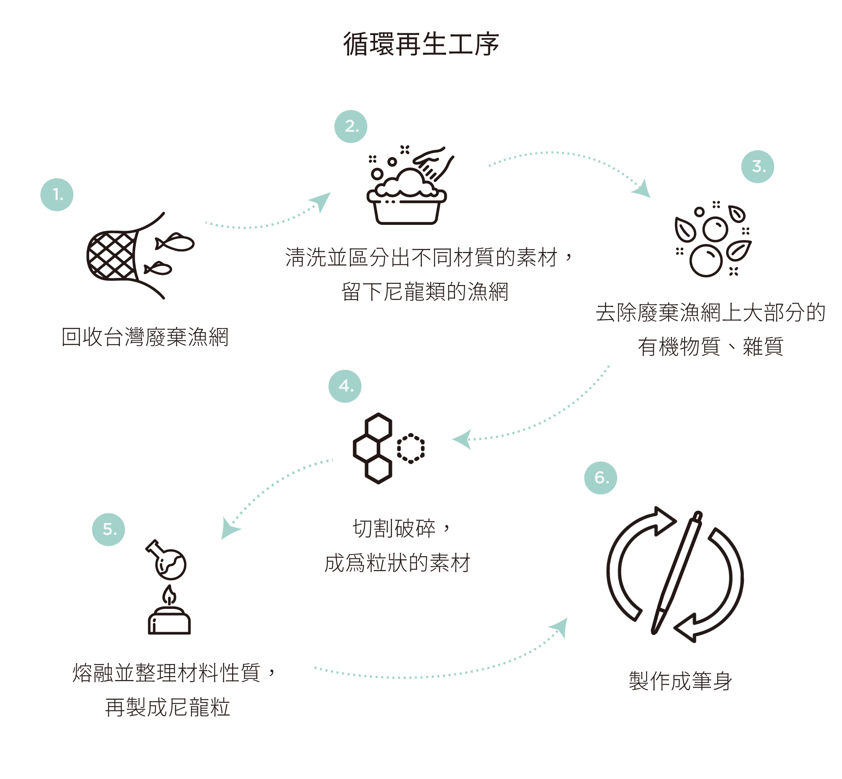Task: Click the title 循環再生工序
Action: click(421, 44)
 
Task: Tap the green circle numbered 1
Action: click(57, 195)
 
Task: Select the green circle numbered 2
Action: click(351, 126)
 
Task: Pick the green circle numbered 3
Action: click(757, 166)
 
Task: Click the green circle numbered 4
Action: click(345, 386)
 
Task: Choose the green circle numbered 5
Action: click(108, 529)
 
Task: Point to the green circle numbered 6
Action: click(600, 478)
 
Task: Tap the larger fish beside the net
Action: click(176, 243)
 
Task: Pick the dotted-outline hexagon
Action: click(410, 448)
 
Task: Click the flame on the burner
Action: click(169, 596)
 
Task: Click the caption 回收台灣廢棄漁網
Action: click(145, 337)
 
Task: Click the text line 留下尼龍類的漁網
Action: click(425, 292)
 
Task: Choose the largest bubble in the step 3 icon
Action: click(706, 261)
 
